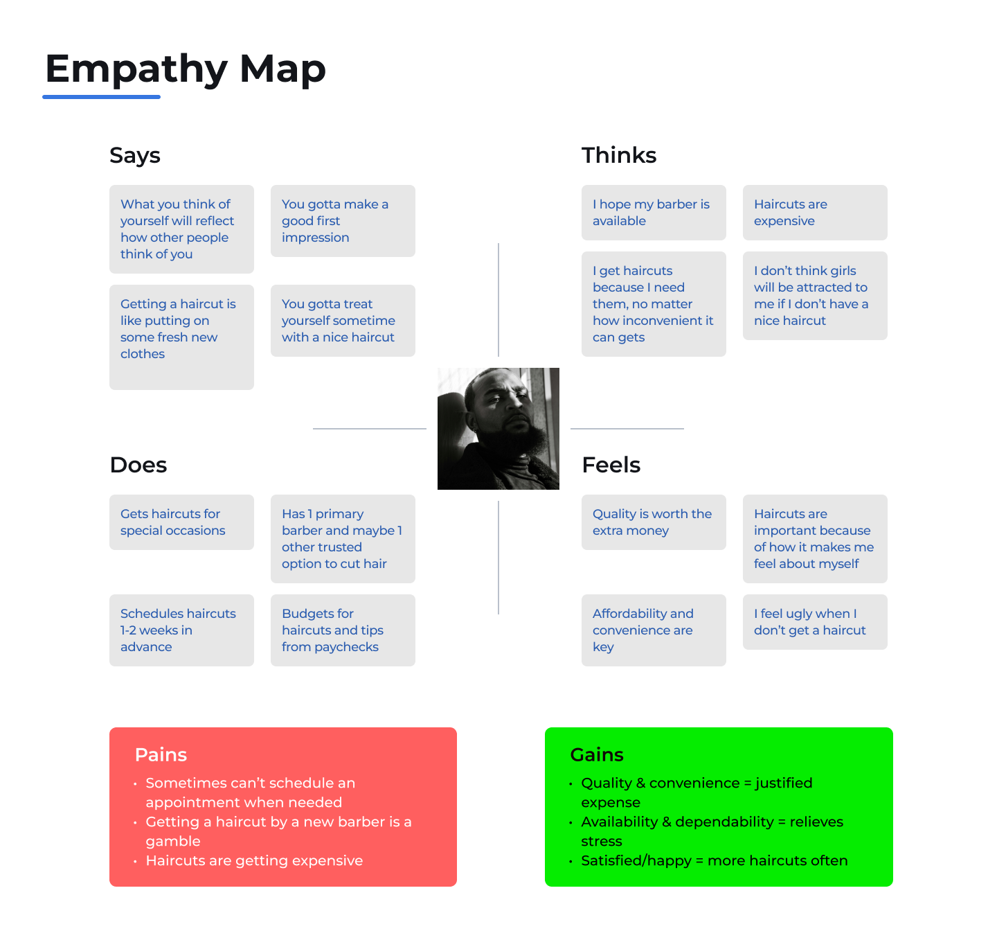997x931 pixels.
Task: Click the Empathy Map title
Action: (185, 69)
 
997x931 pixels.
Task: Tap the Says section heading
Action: (135, 155)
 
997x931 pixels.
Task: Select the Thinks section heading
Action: (619, 155)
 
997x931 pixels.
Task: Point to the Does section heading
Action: (138, 465)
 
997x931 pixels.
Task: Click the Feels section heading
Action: (611, 465)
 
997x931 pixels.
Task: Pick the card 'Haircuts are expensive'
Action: (815, 213)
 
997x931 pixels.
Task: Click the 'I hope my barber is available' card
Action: (654, 213)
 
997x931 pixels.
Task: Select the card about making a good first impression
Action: (343, 221)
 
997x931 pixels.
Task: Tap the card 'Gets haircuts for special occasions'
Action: (181, 522)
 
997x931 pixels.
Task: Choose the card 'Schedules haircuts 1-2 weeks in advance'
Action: (181, 630)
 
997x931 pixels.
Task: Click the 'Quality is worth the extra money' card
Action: (654, 522)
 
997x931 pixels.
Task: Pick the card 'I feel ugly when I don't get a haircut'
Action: (815, 622)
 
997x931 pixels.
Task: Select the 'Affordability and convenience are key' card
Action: (654, 630)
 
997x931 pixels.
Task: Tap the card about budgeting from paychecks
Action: (343, 630)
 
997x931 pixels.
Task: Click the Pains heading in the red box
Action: (161, 754)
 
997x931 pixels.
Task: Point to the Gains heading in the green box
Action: (597, 754)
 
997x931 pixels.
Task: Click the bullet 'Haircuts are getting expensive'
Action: (254, 860)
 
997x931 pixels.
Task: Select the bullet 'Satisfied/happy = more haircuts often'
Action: (714, 860)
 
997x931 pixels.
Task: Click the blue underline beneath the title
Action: (101, 97)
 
